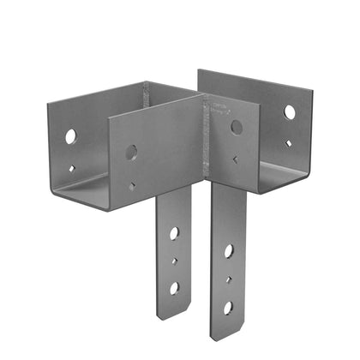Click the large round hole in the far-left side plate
(x=69, y=135)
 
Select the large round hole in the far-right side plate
(x=290, y=112)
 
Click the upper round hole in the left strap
(x=174, y=234)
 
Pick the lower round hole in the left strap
(x=173, y=287)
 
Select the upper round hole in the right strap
(x=229, y=252)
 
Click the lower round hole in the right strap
(x=228, y=307)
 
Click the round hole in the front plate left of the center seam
(x=131, y=153)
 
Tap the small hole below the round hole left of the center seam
(x=131, y=184)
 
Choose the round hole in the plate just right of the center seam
(x=237, y=127)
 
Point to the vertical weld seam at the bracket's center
(x=205, y=137)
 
